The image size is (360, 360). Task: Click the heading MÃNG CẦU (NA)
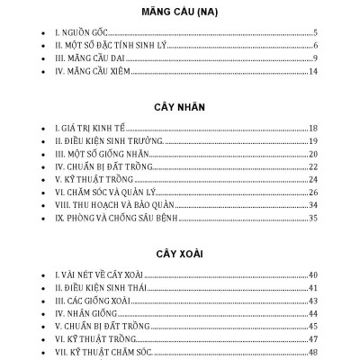point(181,13)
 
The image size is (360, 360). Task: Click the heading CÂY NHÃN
point(181,105)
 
